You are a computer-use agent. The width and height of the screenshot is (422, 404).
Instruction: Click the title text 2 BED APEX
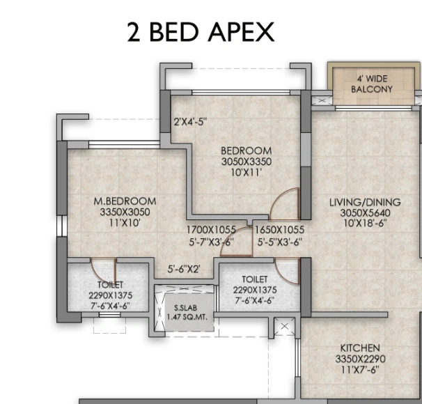tap(201, 32)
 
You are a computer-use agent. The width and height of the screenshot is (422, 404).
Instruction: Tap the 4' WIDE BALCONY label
tap(371, 84)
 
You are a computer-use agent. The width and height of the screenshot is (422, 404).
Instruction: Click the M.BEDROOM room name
tap(122, 201)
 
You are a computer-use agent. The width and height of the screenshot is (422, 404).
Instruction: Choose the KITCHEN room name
tap(359, 348)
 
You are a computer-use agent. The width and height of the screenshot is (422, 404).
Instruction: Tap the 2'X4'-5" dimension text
tap(190, 122)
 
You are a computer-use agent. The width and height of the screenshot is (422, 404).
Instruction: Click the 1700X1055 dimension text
tap(210, 230)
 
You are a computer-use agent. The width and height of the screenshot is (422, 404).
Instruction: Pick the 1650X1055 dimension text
tap(279, 230)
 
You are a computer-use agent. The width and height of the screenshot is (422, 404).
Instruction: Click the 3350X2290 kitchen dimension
tap(359, 359)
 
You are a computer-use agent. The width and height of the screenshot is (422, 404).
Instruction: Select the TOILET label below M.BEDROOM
tap(110, 285)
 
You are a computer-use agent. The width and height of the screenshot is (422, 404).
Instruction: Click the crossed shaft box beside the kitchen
tap(284, 327)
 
